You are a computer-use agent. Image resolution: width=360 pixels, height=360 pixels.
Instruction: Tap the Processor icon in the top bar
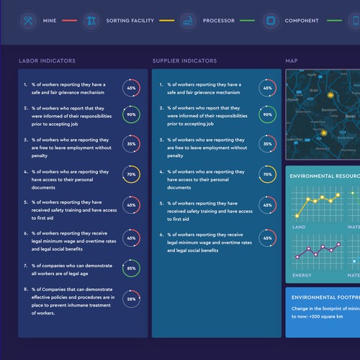pyautogui.click(x=187, y=20)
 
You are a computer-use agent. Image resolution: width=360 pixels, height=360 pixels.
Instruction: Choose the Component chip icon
pyautogui.click(x=269, y=20)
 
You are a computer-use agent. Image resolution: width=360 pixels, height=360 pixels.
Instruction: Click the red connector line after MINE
pyautogui.click(x=69, y=20)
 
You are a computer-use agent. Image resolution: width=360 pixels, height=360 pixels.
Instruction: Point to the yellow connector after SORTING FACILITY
pyautogui.click(x=167, y=20)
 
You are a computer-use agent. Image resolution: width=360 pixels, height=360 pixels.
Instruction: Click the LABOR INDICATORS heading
pyautogui.click(x=47, y=61)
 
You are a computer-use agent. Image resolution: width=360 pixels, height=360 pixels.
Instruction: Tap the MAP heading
pyautogui.click(x=292, y=61)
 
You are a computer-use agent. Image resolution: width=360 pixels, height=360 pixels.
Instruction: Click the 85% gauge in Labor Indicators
pyautogui.click(x=131, y=268)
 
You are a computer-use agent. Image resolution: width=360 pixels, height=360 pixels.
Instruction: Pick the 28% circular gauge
pyautogui.click(x=131, y=298)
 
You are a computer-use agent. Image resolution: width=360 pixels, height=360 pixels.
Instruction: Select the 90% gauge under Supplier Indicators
pyautogui.click(x=267, y=114)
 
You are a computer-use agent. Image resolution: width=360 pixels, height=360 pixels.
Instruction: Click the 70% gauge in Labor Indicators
pyautogui.click(x=131, y=174)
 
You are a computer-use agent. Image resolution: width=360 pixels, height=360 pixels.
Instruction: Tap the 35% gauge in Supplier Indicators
pyautogui.click(x=267, y=144)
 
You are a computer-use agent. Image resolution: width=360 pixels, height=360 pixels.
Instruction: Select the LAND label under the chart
pyautogui.click(x=298, y=227)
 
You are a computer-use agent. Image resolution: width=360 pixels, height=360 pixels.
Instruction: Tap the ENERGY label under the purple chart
pyautogui.click(x=302, y=275)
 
